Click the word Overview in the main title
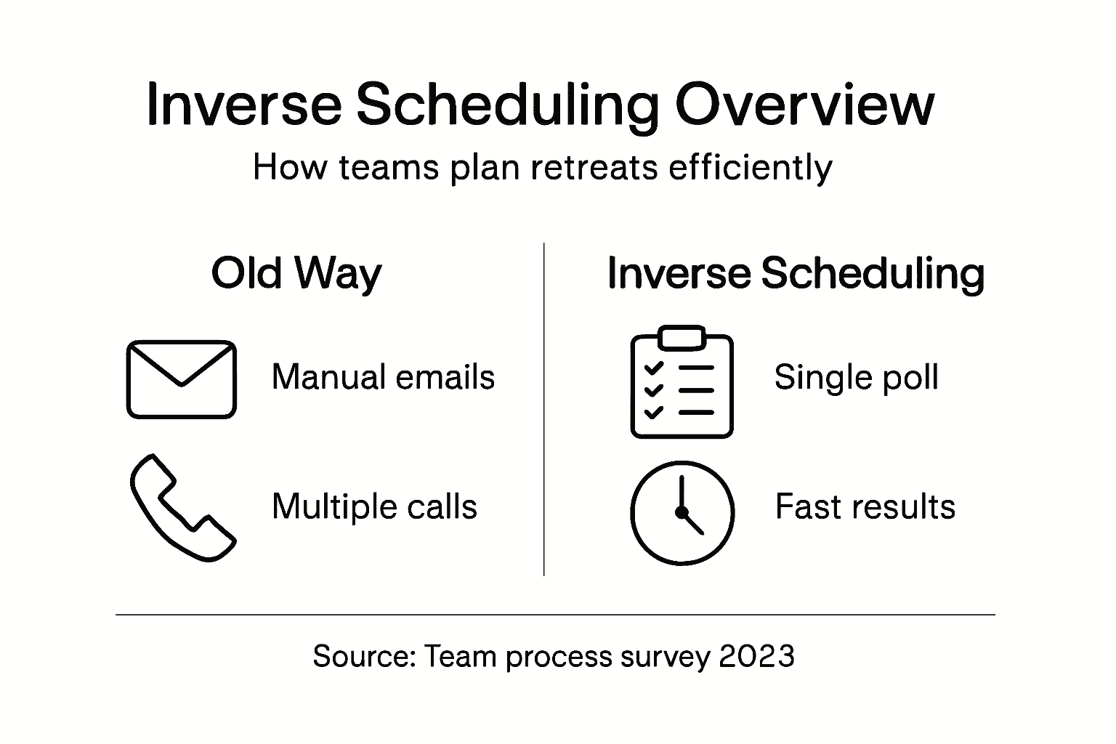(x=804, y=105)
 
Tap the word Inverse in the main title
(x=244, y=105)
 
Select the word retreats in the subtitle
(x=594, y=167)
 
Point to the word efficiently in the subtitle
(x=751, y=169)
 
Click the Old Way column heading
(x=296, y=274)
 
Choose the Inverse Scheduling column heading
(x=796, y=274)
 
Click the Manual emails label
(x=383, y=377)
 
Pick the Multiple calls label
(x=375, y=507)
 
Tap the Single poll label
(x=857, y=378)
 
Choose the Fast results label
(x=865, y=506)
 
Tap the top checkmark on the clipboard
(x=654, y=368)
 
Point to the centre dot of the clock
(x=682, y=512)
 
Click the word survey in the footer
(x=665, y=658)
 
